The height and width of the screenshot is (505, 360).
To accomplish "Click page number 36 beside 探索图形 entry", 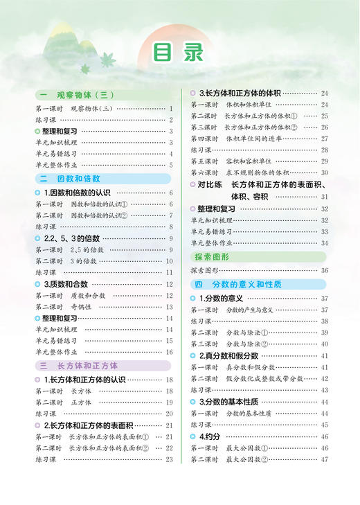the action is coord(324,270).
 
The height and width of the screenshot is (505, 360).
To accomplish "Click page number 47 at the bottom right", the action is coord(324,459).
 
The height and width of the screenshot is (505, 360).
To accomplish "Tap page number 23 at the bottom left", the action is coord(169,459).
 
